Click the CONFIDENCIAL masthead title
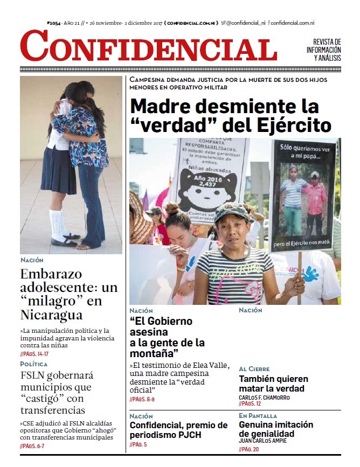pyautogui.click(x=149, y=46)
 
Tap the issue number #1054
pyautogui.click(x=54, y=23)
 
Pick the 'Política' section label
pyautogui.click(x=34, y=364)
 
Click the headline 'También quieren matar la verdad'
pyautogui.click(x=272, y=384)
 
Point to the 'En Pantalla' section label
pyautogui.click(x=258, y=416)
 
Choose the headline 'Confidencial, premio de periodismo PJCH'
pyautogui.click(x=178, y=430)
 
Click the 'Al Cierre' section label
pyautogui.click(x=254, y=369)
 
